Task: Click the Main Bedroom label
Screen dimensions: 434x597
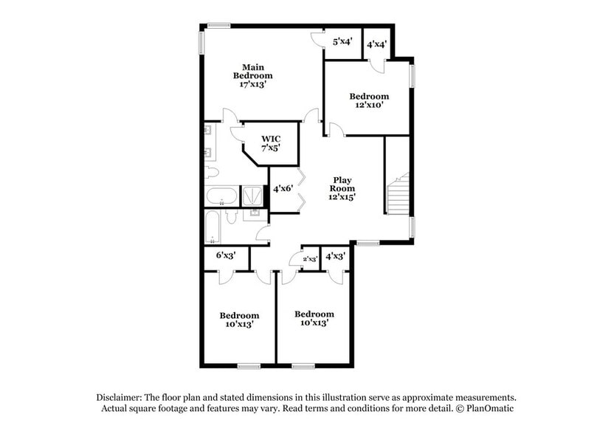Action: pyautogui.click(x=252, y=76)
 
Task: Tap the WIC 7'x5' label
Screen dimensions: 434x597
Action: pyautogui.click(x=270, y=142)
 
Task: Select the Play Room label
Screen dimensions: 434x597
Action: pyautogui.click(x=342, y=188)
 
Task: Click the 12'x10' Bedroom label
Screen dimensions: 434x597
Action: pyautogui.click(x=369, y=100)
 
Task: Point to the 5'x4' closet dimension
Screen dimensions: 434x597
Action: pyautogui.click(x=342, y=42)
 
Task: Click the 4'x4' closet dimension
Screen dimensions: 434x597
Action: pyautogui.click(x=376, y=44)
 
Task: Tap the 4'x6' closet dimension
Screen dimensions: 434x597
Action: pyautogui.click(x=283, y=188)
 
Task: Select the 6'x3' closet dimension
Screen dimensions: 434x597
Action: pyautogui.click(x=226, y=255)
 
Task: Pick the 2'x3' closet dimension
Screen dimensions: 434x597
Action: pyautogui.click(x=310, y=258)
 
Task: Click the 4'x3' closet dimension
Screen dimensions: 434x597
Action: pyautogui.click(x=336, y=256)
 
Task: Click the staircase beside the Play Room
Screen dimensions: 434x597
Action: pyautogui.click(x=399, y=194)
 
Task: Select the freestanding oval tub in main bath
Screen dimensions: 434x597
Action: pyautogui.click(x=221, y=197)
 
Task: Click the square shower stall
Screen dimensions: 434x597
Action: pyautogui.click(x=252, y=196)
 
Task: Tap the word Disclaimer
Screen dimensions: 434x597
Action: pyautogui.click(x=123, y=396)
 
